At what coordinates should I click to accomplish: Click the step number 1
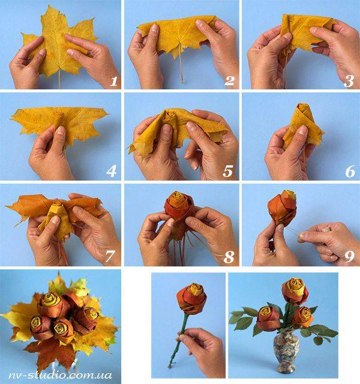point(113,82)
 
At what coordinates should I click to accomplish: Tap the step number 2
point(229,81)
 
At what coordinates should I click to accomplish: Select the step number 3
point(349,81)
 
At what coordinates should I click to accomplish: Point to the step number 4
point(112,171)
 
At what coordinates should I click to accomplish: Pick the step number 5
point(228,171)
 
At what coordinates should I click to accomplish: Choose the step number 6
point(350,171)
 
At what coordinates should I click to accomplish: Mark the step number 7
point(110,256)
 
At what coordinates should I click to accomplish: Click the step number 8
point(229,257)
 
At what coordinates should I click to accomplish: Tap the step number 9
point(349,257)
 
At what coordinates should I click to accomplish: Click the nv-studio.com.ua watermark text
point(60,375)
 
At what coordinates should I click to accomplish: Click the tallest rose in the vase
point(295,291)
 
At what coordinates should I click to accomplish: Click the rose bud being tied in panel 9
point(282,208)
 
